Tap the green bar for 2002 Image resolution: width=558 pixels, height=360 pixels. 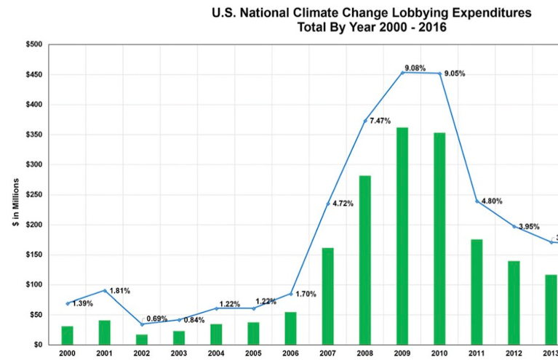(x=142, y=339)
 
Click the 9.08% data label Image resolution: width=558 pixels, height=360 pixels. (x=415, y=68)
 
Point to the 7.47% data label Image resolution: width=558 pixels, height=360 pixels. (x=381, y=120)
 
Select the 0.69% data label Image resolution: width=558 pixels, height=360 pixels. (x=156, y=319)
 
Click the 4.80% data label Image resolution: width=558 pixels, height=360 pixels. (x=490, y=201)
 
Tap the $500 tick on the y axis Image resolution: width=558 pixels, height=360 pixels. (x=33, y=45)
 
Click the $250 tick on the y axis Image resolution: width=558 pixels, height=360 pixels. (x=33, y=195)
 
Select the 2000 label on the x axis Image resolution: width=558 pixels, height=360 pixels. (x=67, y=353)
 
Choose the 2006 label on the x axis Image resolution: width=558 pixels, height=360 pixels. (x=291, y=353)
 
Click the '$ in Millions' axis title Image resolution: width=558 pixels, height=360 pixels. (x=15, y=195)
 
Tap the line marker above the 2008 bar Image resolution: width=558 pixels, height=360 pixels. (x=365, y=121)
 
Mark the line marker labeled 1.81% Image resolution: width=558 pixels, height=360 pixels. (x=105, y=291)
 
